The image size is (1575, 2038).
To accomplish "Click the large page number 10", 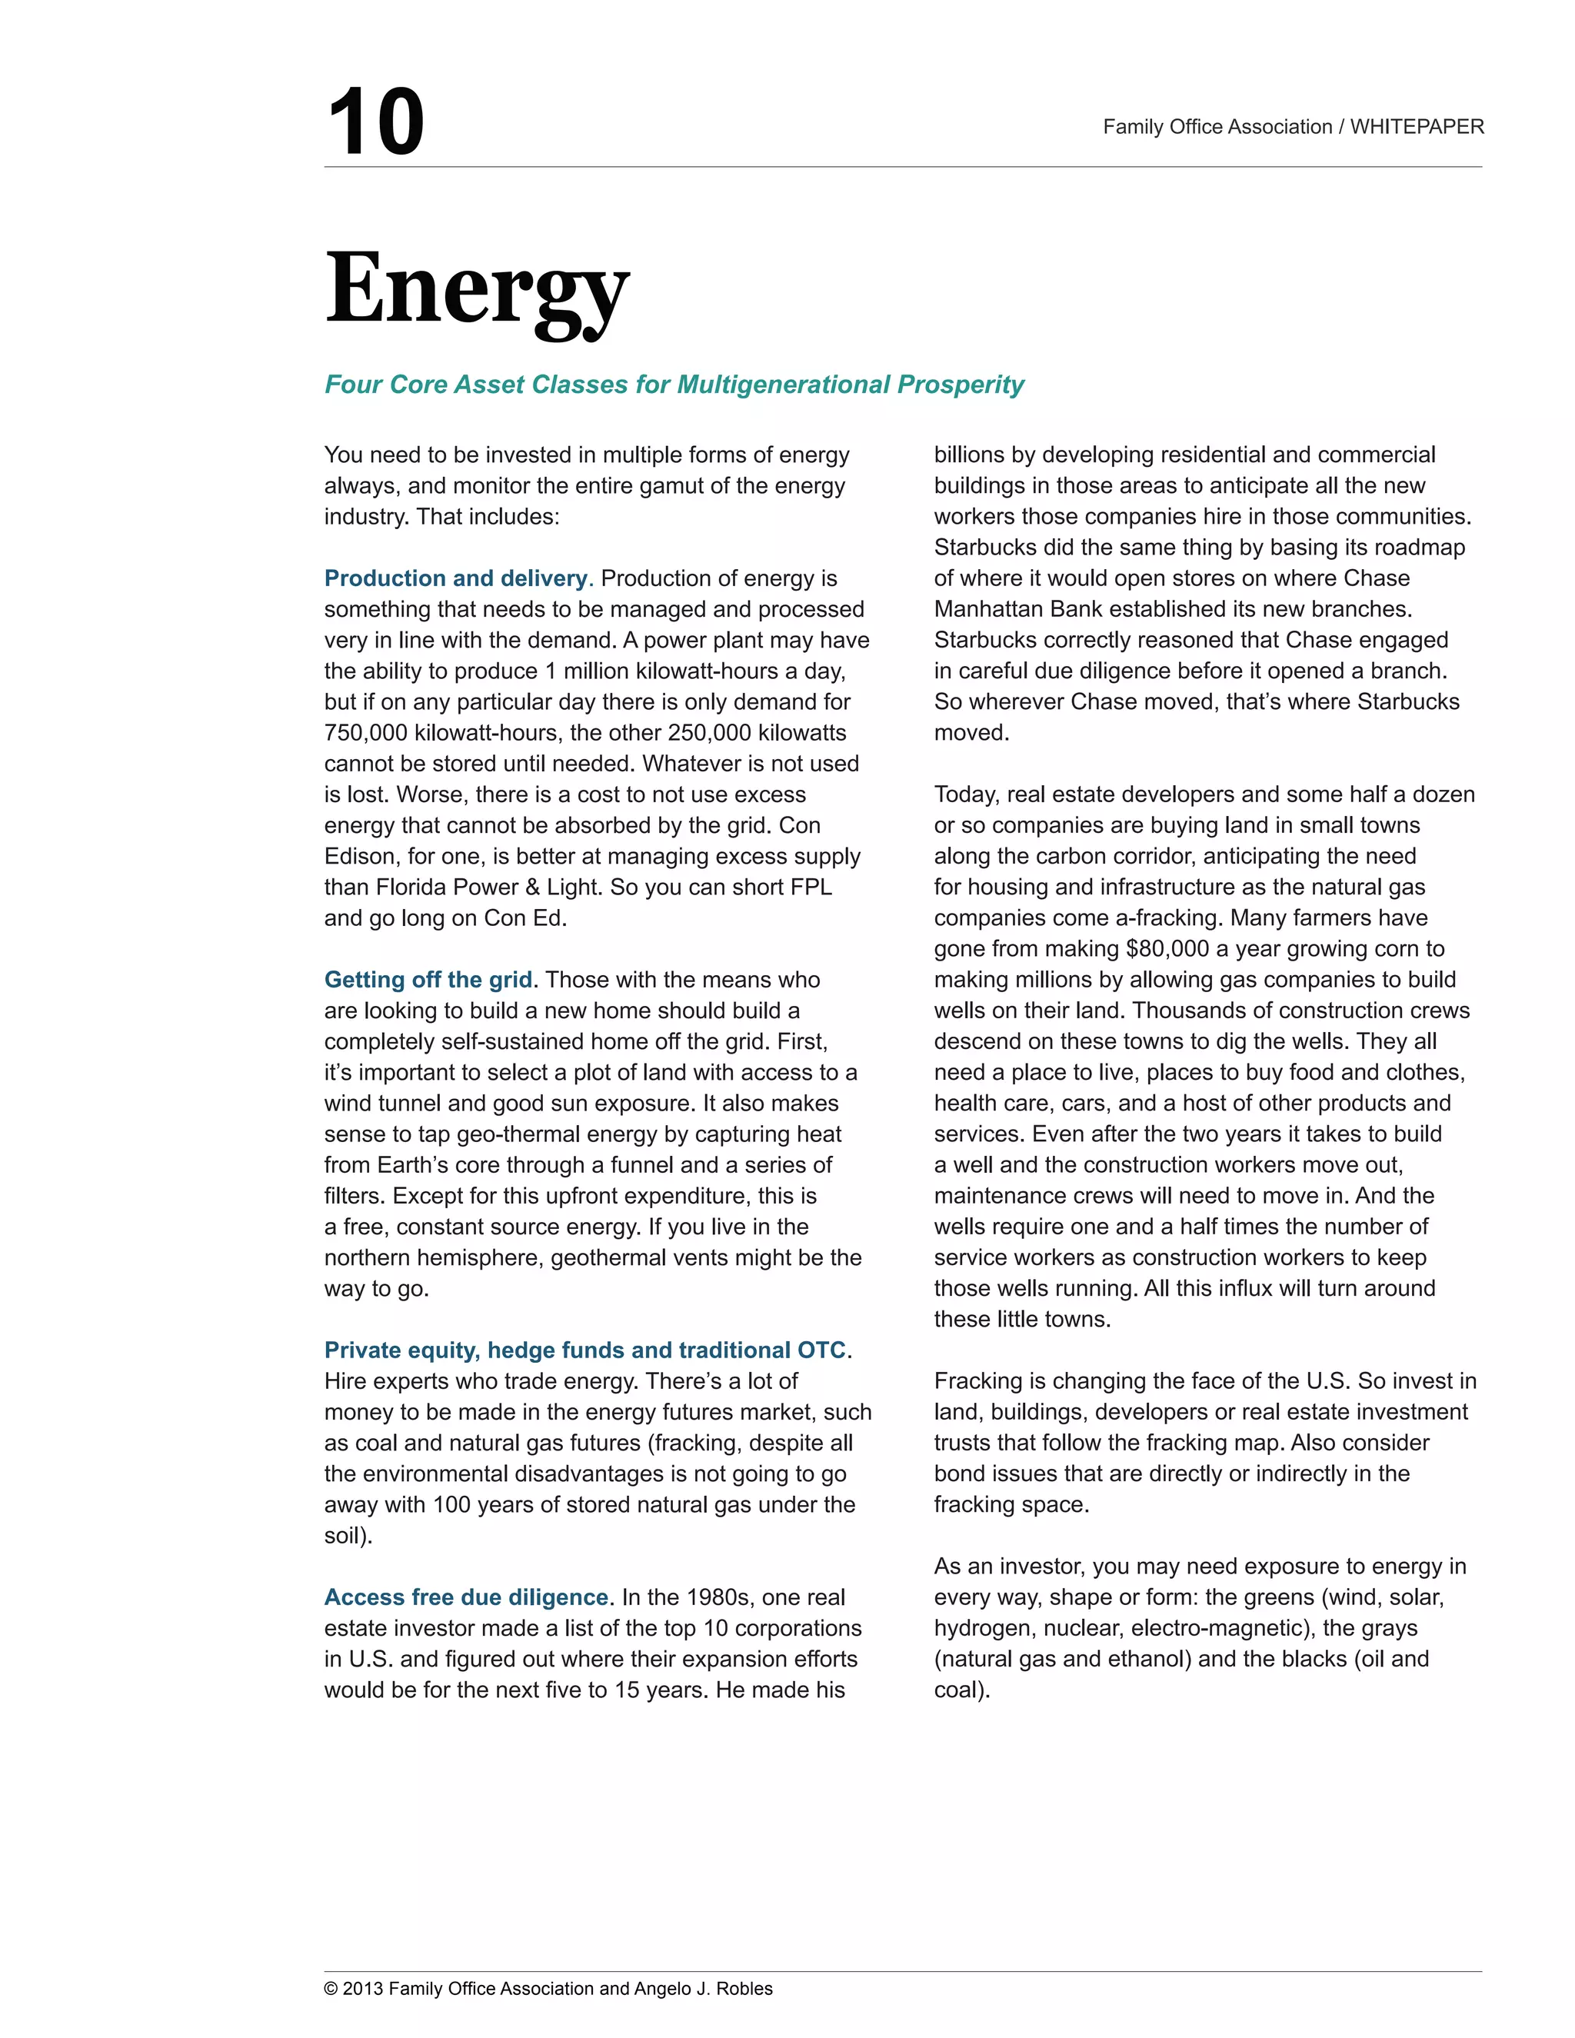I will coord(375,122).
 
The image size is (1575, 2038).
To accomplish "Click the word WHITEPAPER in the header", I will coord(1417,127).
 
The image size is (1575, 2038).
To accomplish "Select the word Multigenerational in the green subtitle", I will coord(784,385).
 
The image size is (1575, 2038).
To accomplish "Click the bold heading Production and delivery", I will coord(456,578).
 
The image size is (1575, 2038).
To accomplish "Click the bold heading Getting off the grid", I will coord(428,980).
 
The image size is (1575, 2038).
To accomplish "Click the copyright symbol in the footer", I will coord(330,1989).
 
